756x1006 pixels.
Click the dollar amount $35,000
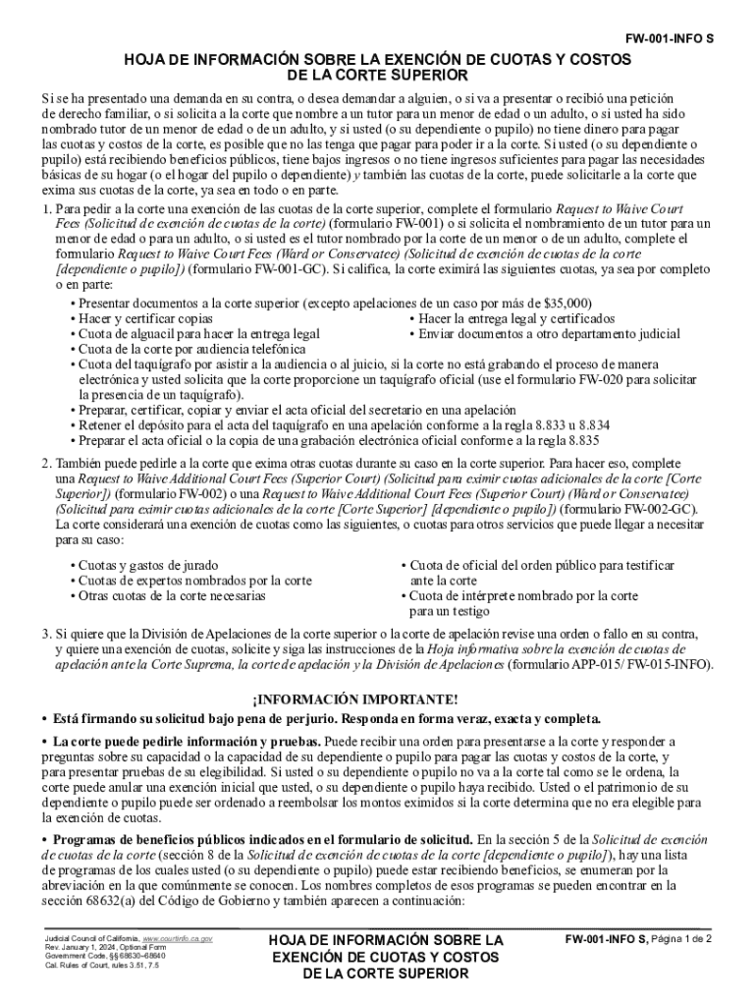click(568, 304)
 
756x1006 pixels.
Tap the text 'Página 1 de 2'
click(680, 939)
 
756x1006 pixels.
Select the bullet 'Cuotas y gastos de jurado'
click(148, 567)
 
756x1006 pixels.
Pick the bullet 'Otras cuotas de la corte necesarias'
click(172, 596)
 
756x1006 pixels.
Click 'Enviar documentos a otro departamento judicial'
click(554, 334)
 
